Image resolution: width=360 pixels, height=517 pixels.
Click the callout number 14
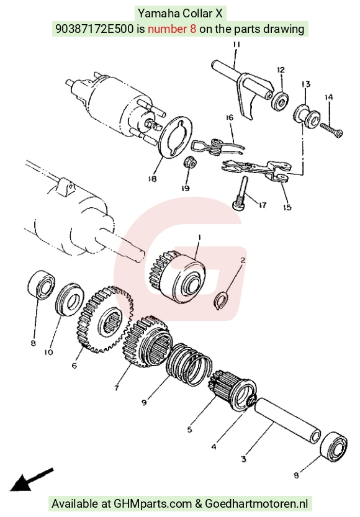point(328,97)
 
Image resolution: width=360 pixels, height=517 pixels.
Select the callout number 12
point(281,70)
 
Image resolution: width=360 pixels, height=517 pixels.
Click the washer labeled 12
point(280,101)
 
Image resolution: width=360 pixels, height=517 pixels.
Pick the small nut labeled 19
point(190,162)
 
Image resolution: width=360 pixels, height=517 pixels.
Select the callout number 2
point(243,261)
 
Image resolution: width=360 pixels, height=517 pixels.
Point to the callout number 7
point(116,388)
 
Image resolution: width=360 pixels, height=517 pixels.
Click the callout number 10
point(48,353)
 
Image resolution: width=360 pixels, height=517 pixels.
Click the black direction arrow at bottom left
point(31,479)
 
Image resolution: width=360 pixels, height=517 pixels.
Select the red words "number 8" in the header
point(172,29)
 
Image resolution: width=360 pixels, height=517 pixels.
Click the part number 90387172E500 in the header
point(95,29)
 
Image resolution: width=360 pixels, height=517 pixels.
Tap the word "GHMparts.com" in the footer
point(153,503)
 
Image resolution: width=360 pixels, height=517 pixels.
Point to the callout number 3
point(243,459)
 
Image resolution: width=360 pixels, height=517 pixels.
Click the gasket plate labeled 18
point(175,138)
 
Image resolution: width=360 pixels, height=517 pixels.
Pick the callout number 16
point(230,117)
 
